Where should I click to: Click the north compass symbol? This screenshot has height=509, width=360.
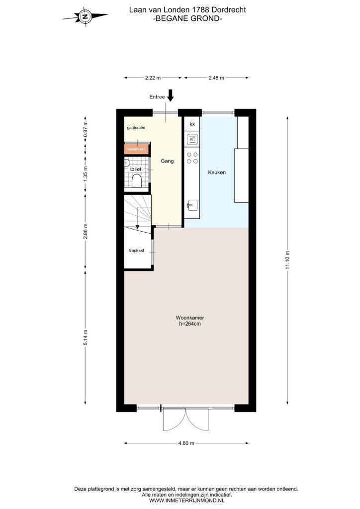coord(85,16)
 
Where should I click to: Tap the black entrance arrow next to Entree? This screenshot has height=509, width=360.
coord(171,96)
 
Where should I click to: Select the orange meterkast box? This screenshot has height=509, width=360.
coord(137,149)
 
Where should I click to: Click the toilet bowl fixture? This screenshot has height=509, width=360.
coord(137,180)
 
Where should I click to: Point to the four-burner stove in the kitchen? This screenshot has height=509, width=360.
coord(192,158)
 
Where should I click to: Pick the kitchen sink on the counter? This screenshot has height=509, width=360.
coord(192,205)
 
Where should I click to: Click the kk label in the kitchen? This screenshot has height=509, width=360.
coord(192,124)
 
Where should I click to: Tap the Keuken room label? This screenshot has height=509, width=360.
coord(217,172)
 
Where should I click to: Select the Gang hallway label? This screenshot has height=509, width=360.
coord(167,161)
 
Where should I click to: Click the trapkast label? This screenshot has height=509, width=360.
coord(137,251)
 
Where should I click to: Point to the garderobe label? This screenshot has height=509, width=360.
coord(136,128)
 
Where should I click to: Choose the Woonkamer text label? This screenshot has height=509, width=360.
coord(190,318)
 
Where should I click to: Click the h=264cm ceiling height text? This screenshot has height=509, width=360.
coord(190,324)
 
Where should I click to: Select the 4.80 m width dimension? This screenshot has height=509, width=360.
coord(186,443)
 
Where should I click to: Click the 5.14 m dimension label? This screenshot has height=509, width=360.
coord(86,338)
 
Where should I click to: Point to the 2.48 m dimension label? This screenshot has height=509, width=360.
coord(216,78)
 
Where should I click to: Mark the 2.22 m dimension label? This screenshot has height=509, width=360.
coord(153,78)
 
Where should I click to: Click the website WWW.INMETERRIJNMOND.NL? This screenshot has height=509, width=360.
coord(186,501)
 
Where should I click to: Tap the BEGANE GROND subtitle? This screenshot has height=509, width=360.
coord(187,18)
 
